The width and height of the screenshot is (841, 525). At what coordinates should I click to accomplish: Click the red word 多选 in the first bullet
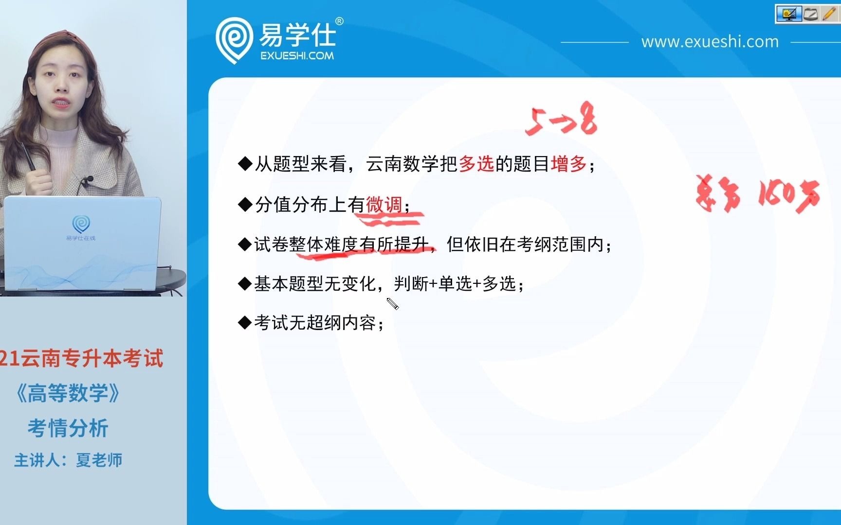[476, 164]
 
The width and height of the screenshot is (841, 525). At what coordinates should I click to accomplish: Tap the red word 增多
[568, 164]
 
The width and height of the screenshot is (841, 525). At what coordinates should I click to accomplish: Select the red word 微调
[384, 205]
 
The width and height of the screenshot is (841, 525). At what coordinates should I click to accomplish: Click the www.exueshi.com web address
[710, 42]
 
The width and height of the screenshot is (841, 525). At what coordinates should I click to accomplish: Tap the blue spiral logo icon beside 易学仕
[234, 39]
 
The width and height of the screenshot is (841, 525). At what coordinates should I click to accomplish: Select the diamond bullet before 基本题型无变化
[244, 283]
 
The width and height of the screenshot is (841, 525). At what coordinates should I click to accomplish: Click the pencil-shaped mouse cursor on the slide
[392, 304]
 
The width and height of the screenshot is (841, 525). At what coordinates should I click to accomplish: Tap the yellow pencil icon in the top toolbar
[828, 14]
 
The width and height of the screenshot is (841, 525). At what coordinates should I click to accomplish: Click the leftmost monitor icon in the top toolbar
[788, 14]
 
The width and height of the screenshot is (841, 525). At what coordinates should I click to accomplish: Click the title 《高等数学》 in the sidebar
[68, 393]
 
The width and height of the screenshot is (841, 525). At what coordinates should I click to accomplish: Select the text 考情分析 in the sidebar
[68, 428]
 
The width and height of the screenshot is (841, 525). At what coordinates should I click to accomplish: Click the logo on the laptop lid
[81, 225]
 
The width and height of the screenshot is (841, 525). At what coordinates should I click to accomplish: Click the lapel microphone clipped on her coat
[88, 181]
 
